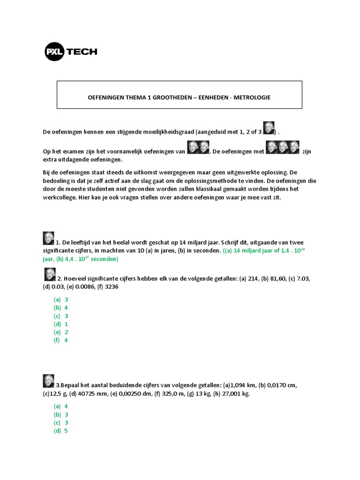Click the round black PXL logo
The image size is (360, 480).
point(55,52)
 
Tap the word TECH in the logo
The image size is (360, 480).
point(82,52)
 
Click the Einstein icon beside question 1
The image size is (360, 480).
point(48,238)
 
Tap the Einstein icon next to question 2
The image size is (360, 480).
point(50,274)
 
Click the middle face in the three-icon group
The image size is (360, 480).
point(283,147)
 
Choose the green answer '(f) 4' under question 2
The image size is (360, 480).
point(61,340)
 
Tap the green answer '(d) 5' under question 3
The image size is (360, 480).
point(61,430)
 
